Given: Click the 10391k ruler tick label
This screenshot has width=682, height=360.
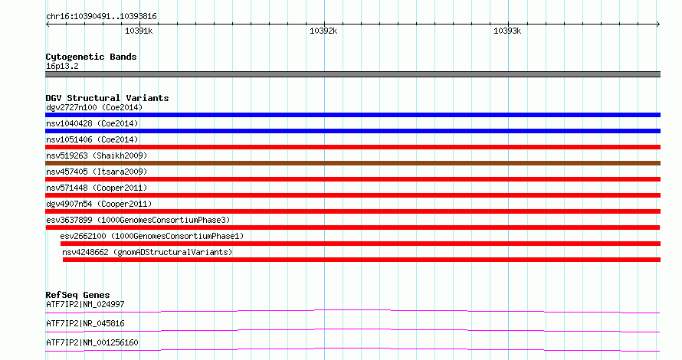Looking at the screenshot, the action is pos(139,31).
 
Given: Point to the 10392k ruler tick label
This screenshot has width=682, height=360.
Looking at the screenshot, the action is pos(323,31).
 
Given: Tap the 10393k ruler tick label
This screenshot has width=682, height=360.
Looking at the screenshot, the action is pos(507,31).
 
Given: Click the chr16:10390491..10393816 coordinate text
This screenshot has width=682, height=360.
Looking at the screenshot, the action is pos(101,17).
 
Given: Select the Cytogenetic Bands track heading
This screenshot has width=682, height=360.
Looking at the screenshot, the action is pos(91,57).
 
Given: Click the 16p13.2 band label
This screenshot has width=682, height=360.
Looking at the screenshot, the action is pos(62,66).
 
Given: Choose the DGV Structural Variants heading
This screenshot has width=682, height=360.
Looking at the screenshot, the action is pos(107,98).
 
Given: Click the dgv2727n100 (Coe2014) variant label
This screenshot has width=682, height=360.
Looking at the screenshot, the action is pos(94,107).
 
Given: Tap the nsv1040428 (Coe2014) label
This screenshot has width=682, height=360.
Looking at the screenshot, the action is pos(92,123).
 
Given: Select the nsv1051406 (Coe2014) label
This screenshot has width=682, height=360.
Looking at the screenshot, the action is pos(92,139).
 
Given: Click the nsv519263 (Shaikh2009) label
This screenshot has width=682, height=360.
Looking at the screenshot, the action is pos(97,155).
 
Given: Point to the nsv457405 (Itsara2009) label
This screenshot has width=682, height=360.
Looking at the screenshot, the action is pos(97,172).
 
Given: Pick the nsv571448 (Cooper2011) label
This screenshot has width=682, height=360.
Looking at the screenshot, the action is pos(97,188).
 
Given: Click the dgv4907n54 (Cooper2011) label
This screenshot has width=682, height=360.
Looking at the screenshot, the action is pos(99,204).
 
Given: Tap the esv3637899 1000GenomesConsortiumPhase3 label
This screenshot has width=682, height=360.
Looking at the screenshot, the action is pos(138,220).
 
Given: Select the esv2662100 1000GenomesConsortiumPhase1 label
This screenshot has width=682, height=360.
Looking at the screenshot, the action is pos(152,236).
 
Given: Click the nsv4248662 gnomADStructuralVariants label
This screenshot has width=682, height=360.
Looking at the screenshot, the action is pos(147,252).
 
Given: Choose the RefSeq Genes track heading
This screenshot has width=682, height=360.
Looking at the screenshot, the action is pos(77,295).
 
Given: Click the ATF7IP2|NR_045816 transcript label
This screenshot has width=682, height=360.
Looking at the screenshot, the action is pos(85,323).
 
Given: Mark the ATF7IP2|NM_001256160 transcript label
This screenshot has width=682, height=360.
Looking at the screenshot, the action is pos(92,342).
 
